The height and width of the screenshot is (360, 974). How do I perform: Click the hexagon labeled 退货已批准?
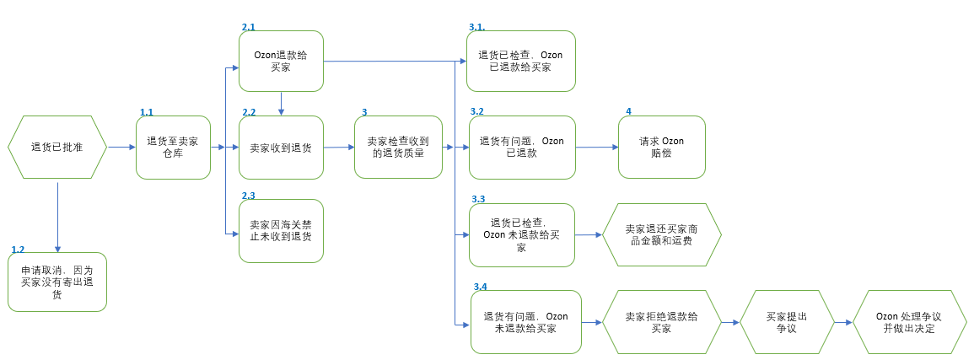57,147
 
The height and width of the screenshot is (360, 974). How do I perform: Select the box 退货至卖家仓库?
173,148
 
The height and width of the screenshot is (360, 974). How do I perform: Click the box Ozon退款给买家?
281,61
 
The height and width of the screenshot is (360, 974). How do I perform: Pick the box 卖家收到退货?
281,148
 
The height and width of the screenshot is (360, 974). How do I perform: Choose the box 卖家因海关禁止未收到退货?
281,231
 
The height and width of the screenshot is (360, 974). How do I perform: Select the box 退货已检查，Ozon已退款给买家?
521,61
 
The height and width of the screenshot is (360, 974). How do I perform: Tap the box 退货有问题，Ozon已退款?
521,148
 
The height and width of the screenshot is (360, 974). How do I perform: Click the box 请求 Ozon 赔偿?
661,148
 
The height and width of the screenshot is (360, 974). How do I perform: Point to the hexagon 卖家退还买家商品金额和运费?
661,234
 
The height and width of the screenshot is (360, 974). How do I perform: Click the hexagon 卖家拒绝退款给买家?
661,322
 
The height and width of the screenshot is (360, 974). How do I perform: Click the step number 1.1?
147,111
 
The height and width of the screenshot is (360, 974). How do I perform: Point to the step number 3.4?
480,287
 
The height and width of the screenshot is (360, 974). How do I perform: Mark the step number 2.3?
249,196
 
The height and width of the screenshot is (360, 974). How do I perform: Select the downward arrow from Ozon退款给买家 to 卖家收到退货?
281,104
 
